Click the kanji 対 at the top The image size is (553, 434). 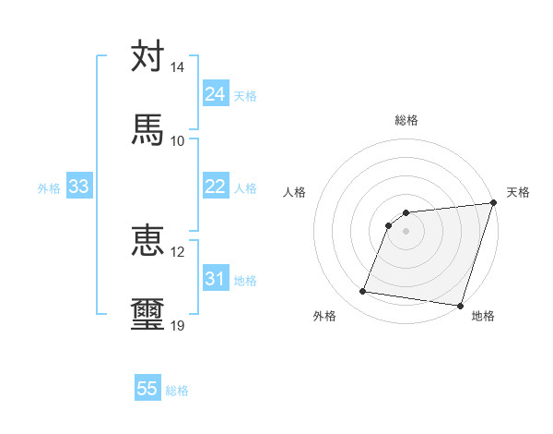(x=147, y=56)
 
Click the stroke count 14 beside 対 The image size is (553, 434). (x=178, y=67)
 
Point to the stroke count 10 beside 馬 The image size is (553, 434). (x=178, y=140)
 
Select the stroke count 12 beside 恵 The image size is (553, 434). (x=178, y=251)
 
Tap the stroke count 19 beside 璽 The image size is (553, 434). (x=178, y=325)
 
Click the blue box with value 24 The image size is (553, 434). (x=215, y=94)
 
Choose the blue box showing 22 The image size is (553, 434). (x=215, y=187)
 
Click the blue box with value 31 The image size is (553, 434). (x=215, y=279)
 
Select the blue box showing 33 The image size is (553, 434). (x=79, y=187)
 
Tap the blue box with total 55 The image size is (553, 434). (x=147, y=389)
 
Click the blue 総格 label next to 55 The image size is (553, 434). (x=177, y=391)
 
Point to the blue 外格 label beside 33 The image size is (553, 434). (x=49, y=188)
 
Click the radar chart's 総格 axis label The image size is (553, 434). (x=406, y=120)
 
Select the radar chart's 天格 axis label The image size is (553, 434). (x=519, y=192)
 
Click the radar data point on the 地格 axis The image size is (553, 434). (x=460, y=306)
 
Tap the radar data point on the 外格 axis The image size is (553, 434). (x=363, y=292)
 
